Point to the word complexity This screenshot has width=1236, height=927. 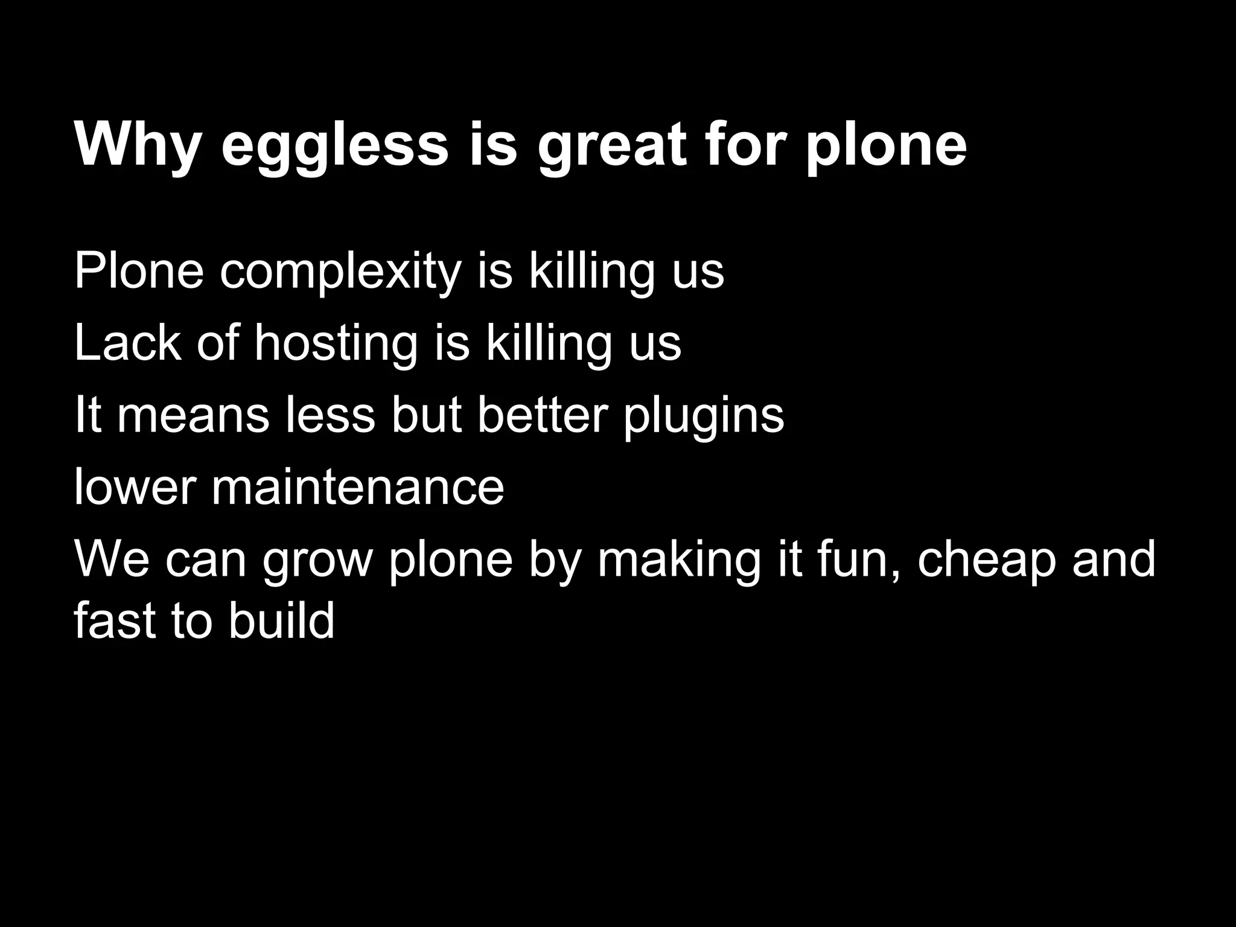[x=340, y=272]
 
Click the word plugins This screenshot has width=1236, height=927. [x=704, y=418]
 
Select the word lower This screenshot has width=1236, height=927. [x=135, y=487]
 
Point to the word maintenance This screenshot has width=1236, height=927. [x=357, y=487]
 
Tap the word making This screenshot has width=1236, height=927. [x=680, y=561]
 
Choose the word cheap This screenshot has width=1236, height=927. [x=987, y=561]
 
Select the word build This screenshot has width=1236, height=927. [x=281, y=622]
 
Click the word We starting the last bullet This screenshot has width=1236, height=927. [x=112, y=560]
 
